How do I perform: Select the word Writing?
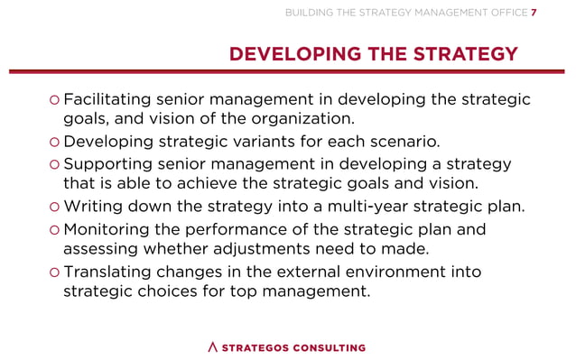coord(94,208)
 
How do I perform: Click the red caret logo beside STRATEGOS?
coord(213,347)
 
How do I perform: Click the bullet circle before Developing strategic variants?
coord(55,143)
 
